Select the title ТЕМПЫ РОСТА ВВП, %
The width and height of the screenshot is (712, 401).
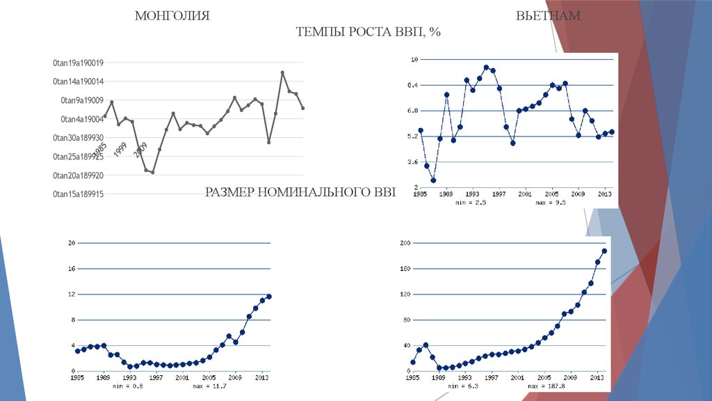coord(369,33)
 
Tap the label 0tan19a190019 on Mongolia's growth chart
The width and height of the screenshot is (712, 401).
coord(78,63)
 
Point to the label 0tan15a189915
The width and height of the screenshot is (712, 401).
coord(78,194)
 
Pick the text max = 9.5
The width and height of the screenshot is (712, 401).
coord(551,203)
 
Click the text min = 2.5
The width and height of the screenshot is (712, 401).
coord(471,203)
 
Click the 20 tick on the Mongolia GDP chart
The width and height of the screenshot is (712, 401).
coord(71,243)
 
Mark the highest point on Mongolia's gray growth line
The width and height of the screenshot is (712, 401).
coord(282,72)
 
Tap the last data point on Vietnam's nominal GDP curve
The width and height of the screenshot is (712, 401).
coord(604,251)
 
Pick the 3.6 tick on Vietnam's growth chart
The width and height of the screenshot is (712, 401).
coord(413,162)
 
